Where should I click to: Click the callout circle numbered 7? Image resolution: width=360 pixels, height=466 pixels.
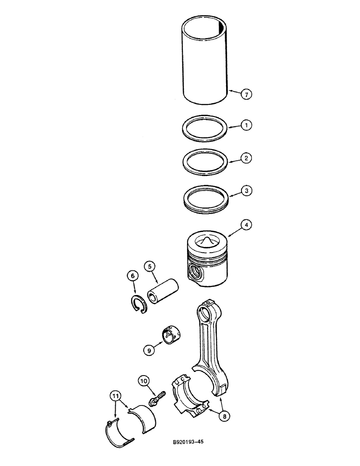coord(246,94)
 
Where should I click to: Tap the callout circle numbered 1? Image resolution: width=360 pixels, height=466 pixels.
coord(246,125)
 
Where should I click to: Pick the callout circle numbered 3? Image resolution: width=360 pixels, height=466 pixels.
coord(246,190)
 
